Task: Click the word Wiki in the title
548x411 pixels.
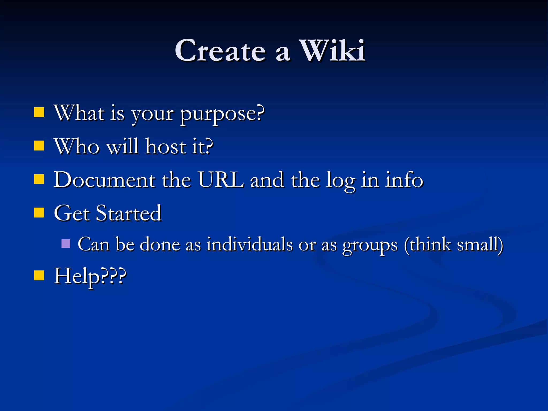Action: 332,51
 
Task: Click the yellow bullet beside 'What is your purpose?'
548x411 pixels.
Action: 39,113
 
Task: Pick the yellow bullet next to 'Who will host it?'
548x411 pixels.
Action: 39,146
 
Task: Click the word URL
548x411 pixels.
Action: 221,180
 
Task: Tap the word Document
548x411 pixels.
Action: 105,180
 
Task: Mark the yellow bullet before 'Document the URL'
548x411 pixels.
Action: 39,179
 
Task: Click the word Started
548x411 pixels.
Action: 129,213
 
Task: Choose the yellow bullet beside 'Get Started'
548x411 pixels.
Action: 39,213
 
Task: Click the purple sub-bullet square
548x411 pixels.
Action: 66,243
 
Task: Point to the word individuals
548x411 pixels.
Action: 249,244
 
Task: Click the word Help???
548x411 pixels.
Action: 90,277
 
